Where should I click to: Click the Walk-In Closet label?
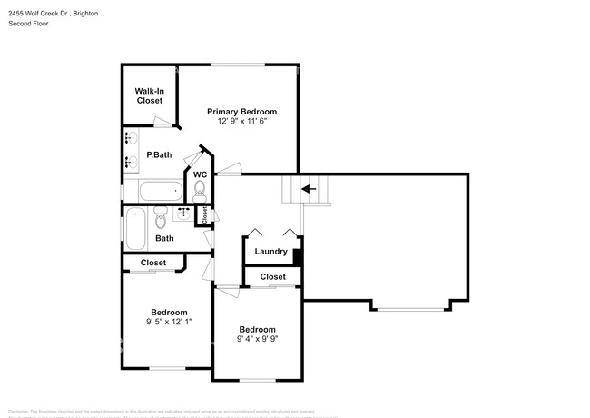(x=149, y=95)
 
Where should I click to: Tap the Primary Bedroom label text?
(x=241, y=112)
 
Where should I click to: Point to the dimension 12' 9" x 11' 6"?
(x=241, y=122)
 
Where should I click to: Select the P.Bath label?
(x=159, y=155)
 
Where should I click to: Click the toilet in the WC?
(x=200, y=189)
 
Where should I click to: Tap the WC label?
(x=200, y=174)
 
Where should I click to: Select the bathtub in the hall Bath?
(x=134, y=228)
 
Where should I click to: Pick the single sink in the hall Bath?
(x=184, y=214)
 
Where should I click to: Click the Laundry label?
(x=270, y=252)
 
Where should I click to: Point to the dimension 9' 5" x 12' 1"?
(x=169, y=322)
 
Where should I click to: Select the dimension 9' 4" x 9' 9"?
(x=258, y=340)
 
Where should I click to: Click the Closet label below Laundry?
(x=272, y=277)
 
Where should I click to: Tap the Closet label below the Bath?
(x=152, y=263)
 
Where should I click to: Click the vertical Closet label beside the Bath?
(x=205, y=215)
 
